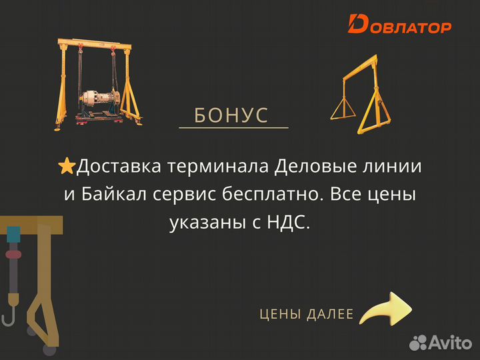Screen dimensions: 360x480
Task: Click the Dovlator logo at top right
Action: tap(399, 25)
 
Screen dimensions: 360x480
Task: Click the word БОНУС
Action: tap(231, 115)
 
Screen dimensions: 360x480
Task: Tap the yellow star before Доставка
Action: tap(67, 167)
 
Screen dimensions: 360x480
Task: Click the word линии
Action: tap(396, 167)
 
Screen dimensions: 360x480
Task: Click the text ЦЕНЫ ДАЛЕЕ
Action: tap(306, 314)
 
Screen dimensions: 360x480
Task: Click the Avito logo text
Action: tap(450, 342)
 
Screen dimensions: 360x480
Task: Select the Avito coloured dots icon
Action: tap(418, 343)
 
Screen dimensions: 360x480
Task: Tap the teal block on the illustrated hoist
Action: tap(13, 234)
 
